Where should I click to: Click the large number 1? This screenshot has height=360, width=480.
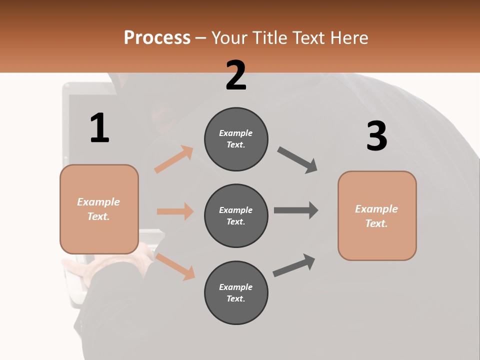click(x=99, y=128)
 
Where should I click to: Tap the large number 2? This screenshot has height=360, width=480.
click(x=236, y=75)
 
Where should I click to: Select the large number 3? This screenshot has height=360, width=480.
click(x=377, y=136)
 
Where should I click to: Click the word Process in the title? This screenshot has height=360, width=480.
click(x=157, y=37)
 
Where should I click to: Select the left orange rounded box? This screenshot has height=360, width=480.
click(x=99, y=209)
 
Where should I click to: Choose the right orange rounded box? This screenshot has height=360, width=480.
click(x=377, y=216)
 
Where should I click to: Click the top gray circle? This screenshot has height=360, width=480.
click(x=236, y=139)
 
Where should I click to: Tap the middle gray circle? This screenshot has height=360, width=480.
click(x=236, y=216)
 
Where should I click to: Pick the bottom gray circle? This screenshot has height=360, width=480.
click(x=236, y=293)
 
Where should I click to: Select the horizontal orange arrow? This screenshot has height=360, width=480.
click(x=175, y=211)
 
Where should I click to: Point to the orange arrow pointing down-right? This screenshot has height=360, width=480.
click(x=175, y=266)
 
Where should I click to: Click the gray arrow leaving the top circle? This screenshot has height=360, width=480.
click(x=297, y=160)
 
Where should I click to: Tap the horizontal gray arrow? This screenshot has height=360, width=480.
click(x=296, y=210)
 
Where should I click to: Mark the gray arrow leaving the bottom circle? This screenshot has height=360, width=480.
click(x=294, y=265)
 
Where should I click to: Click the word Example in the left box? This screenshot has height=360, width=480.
click(x=98, y=202)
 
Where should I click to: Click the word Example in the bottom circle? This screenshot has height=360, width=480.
click(x=235, y=287)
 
